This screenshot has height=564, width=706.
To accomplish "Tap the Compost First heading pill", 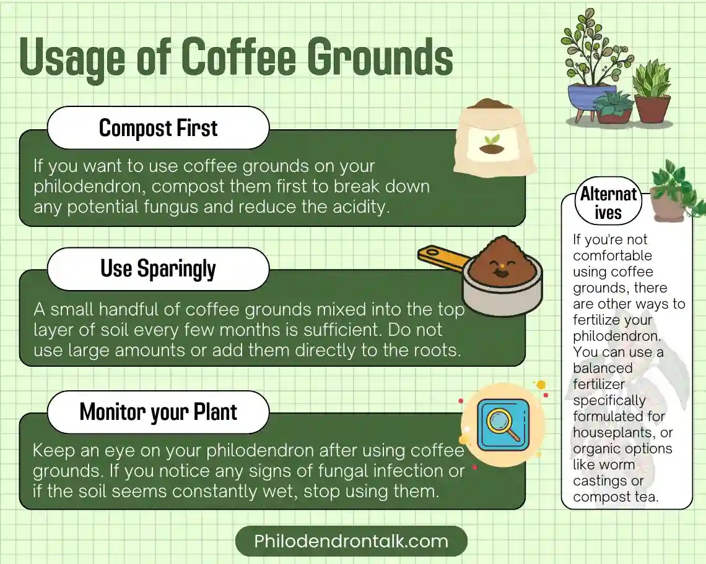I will point(158,128).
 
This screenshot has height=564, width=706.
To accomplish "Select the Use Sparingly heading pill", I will point(158,269).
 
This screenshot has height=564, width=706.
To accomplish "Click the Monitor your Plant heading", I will point(158,412).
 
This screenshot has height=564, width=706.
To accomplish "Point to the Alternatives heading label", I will point(608,203).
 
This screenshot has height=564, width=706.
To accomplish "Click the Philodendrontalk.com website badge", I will point(351,542).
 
